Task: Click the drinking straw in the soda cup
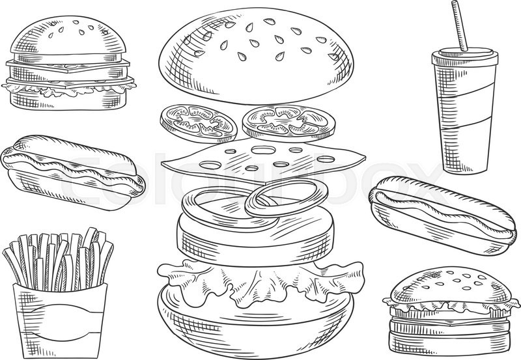pos(460,25)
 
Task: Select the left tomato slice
pos(199,123)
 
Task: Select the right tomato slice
pos(289,121)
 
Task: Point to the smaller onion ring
pos(287,199)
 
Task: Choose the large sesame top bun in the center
pos(256,55)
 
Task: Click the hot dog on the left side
pos(72,172)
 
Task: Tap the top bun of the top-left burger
pos(69,39)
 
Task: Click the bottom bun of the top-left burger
pos(68,99)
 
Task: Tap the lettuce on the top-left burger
pos(68,89)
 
